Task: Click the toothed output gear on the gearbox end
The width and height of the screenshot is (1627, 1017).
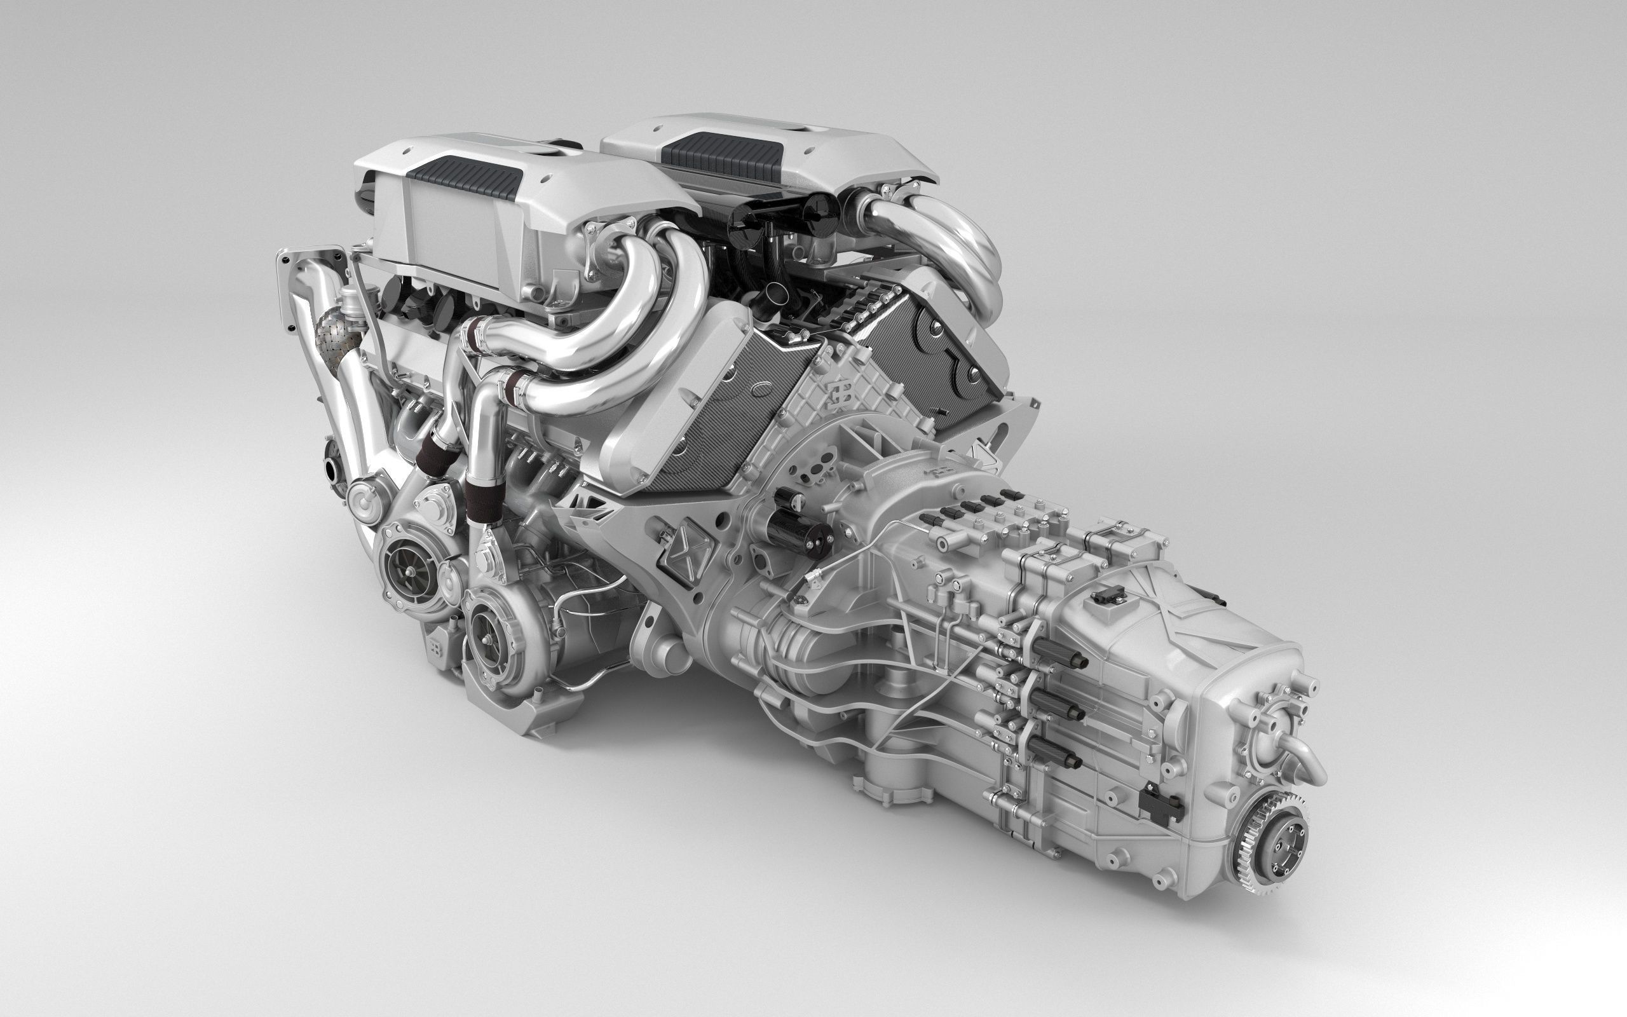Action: [1270, 836]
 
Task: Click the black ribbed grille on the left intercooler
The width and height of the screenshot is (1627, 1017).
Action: [464, 174]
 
